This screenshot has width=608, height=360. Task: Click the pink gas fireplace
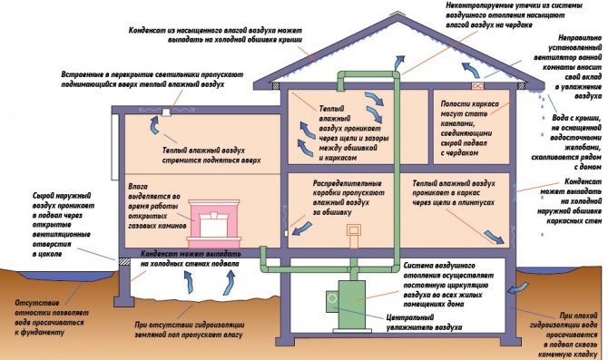click(x=214, y=224)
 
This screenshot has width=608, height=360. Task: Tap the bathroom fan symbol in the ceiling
click(x=477, y=85)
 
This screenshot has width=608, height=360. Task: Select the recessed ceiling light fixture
click(x=166, y=112)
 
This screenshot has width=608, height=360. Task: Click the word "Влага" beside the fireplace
click(x=138, y=187)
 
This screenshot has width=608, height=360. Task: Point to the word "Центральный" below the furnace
click(x=410, y=317)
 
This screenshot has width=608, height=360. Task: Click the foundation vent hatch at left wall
click(x=124, y=262)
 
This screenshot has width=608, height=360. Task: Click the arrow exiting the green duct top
click(x=399, y=62)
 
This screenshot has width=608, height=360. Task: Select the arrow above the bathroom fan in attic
click(x=469, y=70)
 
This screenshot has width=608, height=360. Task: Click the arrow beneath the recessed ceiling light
click(x=154, y=125)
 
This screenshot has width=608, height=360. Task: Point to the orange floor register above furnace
click(x=354, y=236)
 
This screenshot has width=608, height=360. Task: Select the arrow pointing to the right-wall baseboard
click(x=495, y=237)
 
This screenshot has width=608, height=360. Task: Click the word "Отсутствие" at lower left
click(x=37, y=303)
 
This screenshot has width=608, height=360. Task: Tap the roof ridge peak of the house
click(x=398, y=14)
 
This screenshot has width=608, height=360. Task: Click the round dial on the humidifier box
click(x=332, y=298)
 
